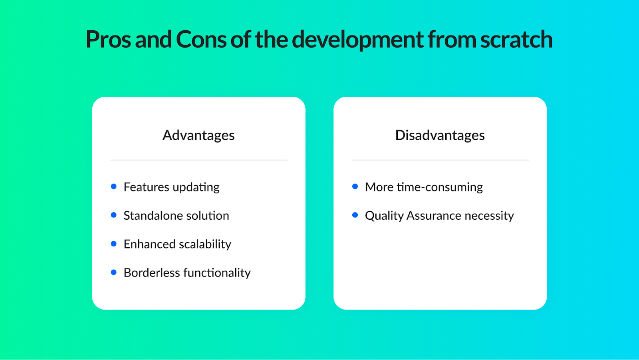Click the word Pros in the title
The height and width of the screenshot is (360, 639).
pyautogui.click(x=108, y=40)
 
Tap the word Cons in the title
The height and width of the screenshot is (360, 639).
pyautogui.click(x=201, y=40)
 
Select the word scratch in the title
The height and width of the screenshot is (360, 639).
pyautogui.click(x=516, y=40)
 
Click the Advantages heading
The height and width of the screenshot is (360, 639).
pyautogui.click(x=198, y=135)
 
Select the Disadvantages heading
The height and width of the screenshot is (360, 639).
pyautogui.click(x=440, y=135)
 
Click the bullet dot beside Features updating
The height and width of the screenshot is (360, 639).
pyautogui.click(x=113, y=187)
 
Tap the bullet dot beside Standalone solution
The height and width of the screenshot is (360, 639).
pyautogui.click(x=113, y=215)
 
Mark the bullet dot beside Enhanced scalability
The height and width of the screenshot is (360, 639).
pyautogui.click(x=113, y=243)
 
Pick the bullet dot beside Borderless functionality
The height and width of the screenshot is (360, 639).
pyautogui.click(x=113, y=272)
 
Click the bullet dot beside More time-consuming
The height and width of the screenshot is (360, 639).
pyautogui.click(x=355, y=187)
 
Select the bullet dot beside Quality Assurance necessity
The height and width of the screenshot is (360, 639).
pyautogui.click(x=355, y=215)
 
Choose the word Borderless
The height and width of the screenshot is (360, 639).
pyautogui.click(x=152, y=272)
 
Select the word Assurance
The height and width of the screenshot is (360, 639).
pyautogui.click(x=434, y=215)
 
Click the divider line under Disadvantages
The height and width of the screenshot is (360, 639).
pyautogui.click(x=440, y=161)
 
